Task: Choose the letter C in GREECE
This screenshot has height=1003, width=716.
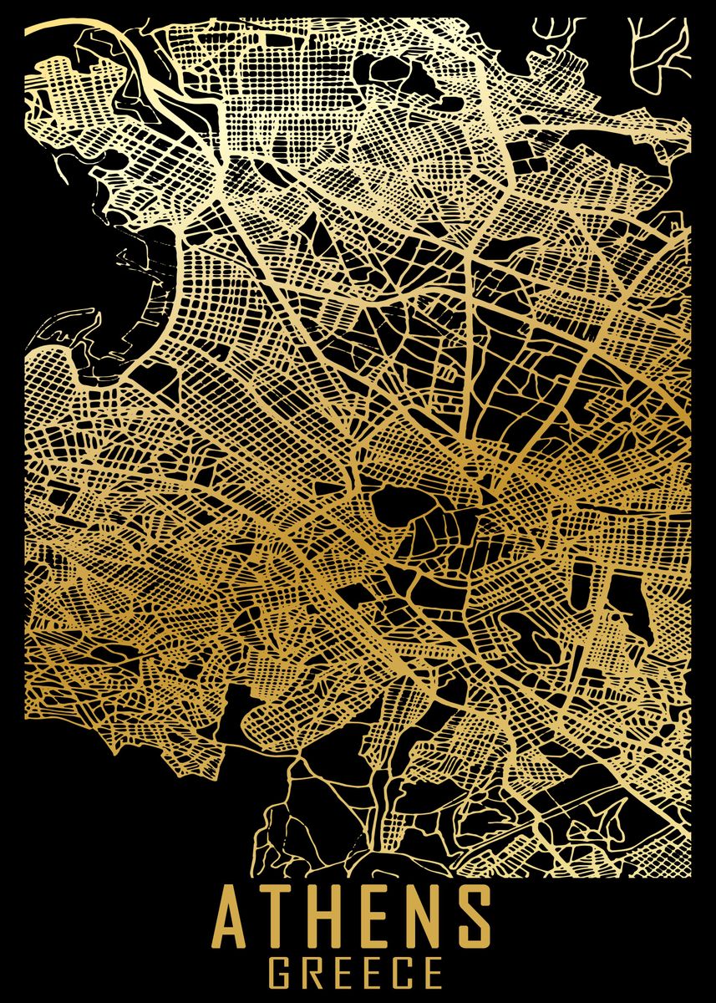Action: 402,975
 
